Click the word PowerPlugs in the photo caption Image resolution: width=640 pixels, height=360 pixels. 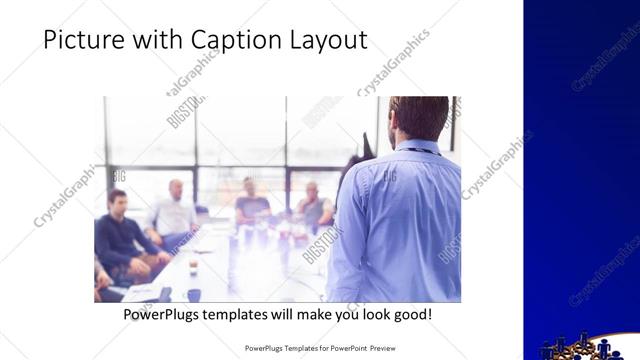coord(159,315)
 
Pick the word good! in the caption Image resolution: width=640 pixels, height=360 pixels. coord(412,315)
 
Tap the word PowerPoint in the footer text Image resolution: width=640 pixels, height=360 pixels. coord(339,349)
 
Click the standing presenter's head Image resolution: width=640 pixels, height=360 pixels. coord(418,118)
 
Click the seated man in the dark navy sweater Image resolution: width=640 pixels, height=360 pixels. coord(119,235)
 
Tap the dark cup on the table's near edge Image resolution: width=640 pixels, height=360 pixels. coord(193,295)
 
